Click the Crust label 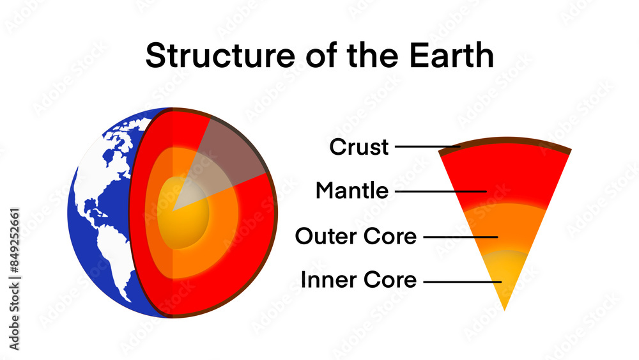coord(358,147)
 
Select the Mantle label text coord(351,191)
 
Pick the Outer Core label coord(355,237)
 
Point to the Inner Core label coord(358,280)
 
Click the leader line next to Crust coord(427,146)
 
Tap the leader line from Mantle coord(441,191)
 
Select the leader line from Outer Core coord(460,237)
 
